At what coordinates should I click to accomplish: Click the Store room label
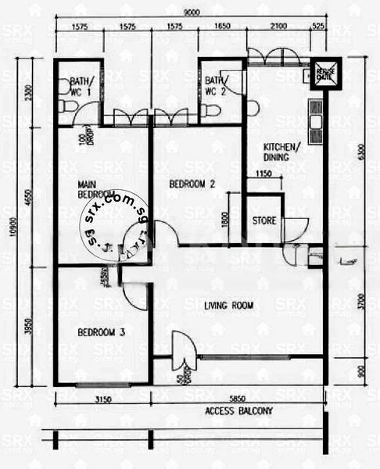click(264, 220)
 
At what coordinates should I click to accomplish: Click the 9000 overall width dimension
click(190, 12)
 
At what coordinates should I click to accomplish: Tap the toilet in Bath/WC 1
click(63, 108)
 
